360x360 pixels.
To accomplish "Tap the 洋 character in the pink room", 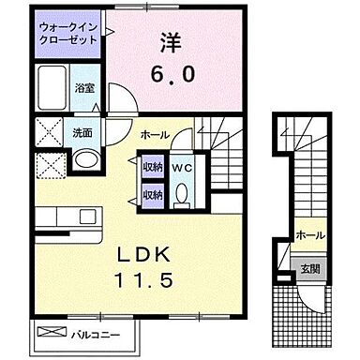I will point(171,43).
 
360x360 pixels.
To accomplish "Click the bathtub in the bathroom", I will point(52,88).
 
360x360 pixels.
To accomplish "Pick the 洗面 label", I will point(82,132).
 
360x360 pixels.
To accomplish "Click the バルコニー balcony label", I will point(96,333).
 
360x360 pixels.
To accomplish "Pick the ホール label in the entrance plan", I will point(308,234).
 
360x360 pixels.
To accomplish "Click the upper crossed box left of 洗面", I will point(48,130).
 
